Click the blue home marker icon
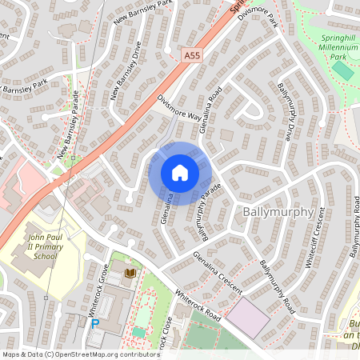coord(179,173)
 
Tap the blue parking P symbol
coord(95,324)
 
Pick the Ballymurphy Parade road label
coord(204,215)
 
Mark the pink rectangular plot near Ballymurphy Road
coord(248,318)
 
